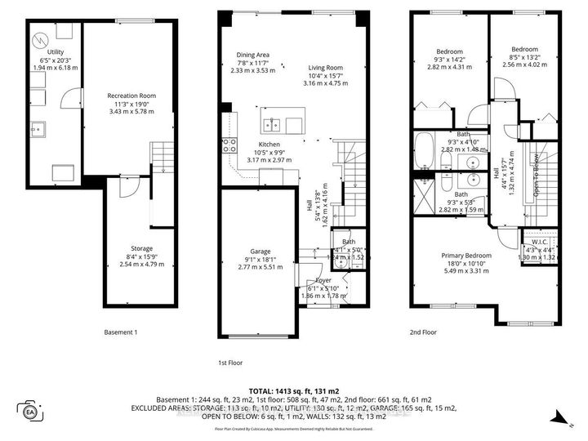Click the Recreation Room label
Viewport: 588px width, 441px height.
[131, 96]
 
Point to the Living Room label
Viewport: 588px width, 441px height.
[325, 68]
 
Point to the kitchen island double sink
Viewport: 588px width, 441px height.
[274, 125]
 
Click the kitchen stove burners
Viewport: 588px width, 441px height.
[228, 145]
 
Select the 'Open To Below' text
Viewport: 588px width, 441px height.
[536, 176]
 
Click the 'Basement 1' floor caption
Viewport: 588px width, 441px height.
[121, 332]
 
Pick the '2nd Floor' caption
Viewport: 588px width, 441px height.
[425, 332]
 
